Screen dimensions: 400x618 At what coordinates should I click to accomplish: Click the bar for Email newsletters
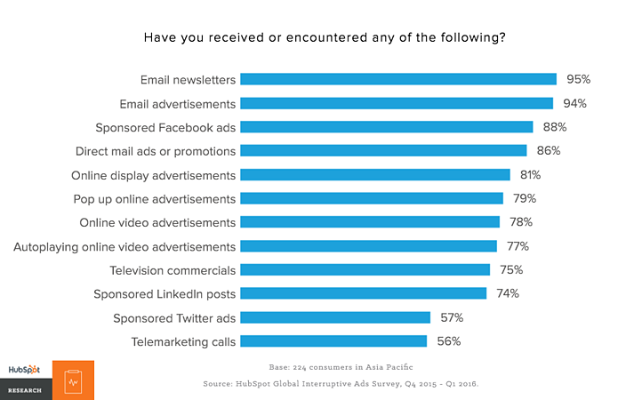coord(398,79)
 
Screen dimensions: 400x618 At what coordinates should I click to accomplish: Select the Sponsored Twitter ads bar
coord(335,317)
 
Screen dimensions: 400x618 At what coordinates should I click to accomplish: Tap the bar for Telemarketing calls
coord(333,340)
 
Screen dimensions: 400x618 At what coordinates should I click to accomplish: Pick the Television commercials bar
coord(365,269)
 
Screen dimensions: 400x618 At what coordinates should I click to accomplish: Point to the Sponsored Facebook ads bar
coord(387,127)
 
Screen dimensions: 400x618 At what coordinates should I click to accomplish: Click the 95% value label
coord(576,79)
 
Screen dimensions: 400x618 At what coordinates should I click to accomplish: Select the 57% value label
coord(450,317)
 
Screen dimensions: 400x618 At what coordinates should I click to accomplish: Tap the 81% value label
coord(530,174)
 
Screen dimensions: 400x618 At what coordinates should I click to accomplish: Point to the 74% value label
coord(506,293)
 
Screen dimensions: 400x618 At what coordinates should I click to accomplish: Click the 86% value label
coord(547,150)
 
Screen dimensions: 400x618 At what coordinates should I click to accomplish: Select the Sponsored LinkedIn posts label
coord(165,293)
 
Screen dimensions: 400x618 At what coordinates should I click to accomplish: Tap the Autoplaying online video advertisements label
coord(124,246)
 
